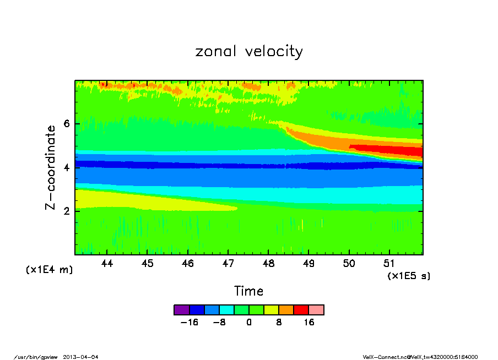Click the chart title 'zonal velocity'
(x=249, y=52)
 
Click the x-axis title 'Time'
(x=249, y=291)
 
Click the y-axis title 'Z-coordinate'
(x=50, y=167)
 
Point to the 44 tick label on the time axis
(x=107, y=264)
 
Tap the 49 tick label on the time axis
(x=309, y=264)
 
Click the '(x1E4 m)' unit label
(x=49, y=270)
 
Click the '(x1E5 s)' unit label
(x=409, y=275)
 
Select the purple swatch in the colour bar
(x=181, y=310)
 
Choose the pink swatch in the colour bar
(x=316, y=310)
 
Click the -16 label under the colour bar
(x=189, y=323)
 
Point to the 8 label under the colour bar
(x=279, y=323)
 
